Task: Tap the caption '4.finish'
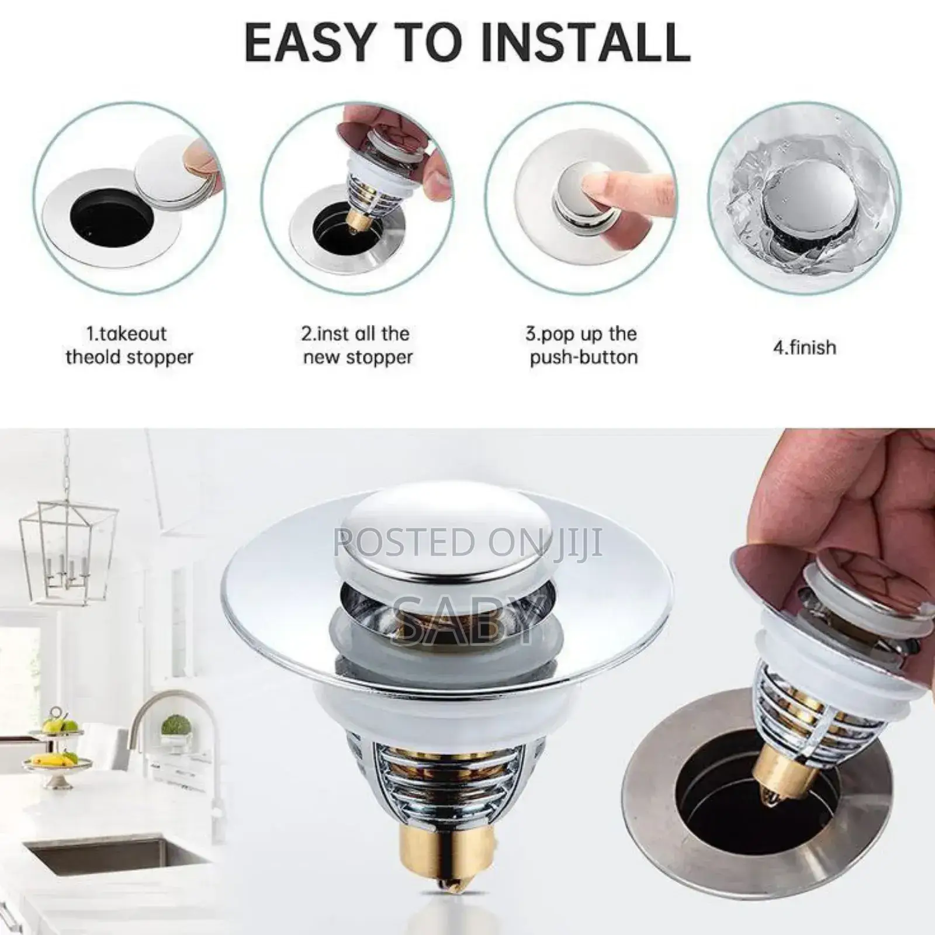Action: (x=805, y=348)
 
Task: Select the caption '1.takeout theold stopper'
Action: (x=129, y=345)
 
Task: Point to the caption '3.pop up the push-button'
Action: (x=583, y=345)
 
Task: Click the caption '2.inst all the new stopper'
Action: (x=358, y=345)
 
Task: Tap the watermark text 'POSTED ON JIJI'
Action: (x=467, y=542)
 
